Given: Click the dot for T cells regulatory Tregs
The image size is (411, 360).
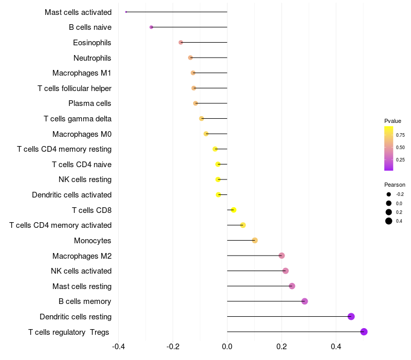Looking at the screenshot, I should [x=364, y=332].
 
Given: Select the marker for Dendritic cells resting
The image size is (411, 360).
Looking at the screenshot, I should [x=351, y=316].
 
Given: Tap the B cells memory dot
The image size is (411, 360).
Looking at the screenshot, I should [x=304, y=301].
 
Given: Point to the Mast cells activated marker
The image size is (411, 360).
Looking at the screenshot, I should [x=126, y=12].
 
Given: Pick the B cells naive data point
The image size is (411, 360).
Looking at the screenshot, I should [x=151, y=27].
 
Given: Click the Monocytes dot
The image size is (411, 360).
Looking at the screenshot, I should [x=254, y=240].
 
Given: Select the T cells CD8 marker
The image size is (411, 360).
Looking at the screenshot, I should [x=233, y=210].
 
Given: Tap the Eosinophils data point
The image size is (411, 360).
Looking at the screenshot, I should [x=180, y=42].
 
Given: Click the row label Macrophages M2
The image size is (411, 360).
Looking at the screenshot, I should [x=82, y=256].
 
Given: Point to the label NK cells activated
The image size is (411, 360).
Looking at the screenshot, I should [x=81, y=271].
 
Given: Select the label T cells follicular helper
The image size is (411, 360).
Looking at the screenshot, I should [x=74, y=88].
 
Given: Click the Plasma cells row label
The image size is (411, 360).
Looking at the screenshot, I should [x=90, y=103].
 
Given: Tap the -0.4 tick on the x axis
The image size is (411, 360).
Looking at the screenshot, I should [x=118, y=347].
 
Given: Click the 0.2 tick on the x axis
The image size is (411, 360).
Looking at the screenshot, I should [x=282, y=347].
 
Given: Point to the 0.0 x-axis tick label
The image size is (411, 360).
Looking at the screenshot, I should [x=227, y=347].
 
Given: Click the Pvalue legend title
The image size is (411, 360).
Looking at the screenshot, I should [x=393, y=121].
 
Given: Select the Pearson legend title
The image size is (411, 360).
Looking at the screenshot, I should [x=395, y=185].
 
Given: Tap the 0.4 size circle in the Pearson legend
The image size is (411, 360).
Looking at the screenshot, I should [x=389, y=221].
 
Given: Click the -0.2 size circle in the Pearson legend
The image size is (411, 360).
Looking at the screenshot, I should [x=389, y=194].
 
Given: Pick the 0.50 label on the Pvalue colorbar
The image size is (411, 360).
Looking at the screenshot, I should [x=400, y=148].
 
